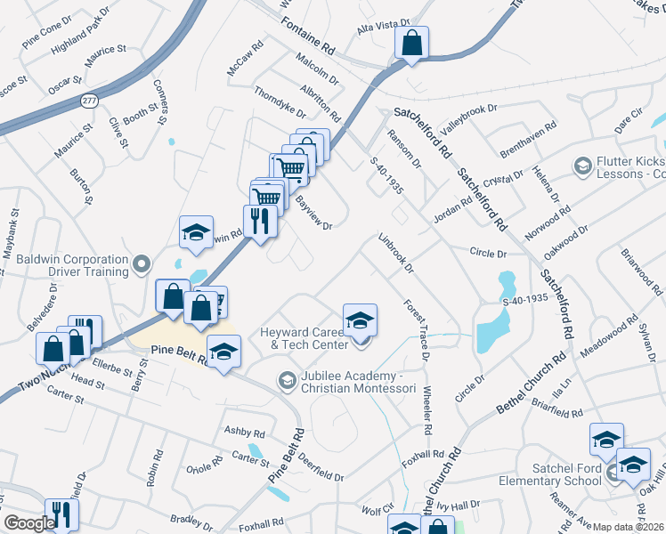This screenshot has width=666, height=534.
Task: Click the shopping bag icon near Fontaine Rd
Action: (412, 43)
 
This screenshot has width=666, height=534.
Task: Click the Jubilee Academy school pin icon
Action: (287, 380)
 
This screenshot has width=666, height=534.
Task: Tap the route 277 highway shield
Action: (88, 100)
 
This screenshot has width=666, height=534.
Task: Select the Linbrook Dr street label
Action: (396, 253)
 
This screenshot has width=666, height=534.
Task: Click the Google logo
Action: (29, 523)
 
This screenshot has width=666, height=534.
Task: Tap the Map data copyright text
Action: (628, 527)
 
